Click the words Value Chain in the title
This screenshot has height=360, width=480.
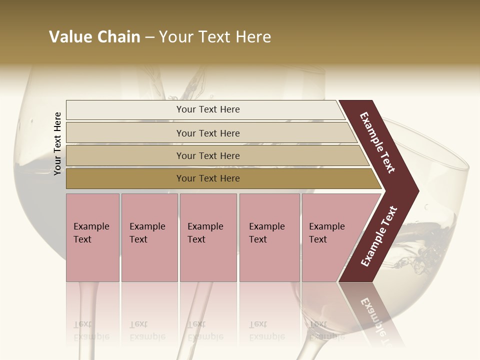tap(94, 37)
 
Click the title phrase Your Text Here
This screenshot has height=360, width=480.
tap(215, 37)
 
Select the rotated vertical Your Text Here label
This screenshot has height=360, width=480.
tap(57, 143)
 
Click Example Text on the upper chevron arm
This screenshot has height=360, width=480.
tap(378, 142)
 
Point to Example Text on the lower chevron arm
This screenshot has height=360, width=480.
tap(379, 236)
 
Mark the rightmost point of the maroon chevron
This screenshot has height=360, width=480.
tap(418, 191)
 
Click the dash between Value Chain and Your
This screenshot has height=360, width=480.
tap(149, 37)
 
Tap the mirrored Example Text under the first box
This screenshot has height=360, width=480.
tap(91, 330)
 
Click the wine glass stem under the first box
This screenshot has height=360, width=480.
tap(88, 305)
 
